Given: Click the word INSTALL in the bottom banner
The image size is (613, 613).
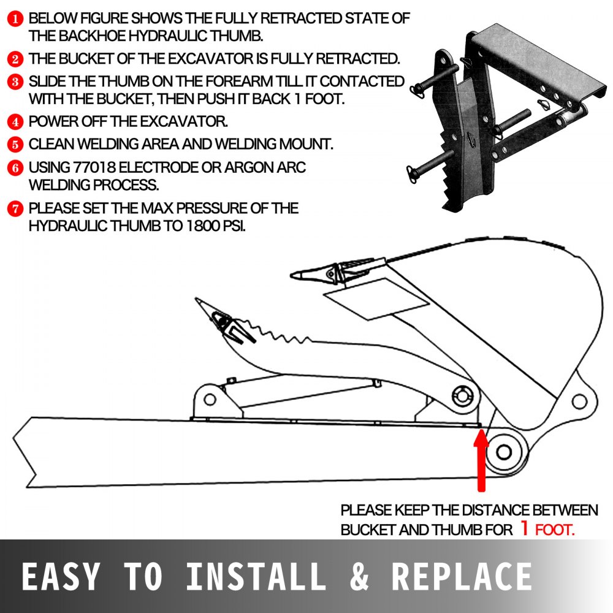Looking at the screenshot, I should click(x=256, y=577).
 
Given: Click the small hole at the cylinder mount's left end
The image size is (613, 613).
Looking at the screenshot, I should click(x=210, y=400).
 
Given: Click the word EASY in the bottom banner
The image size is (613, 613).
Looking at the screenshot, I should click(x=59, y=577).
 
